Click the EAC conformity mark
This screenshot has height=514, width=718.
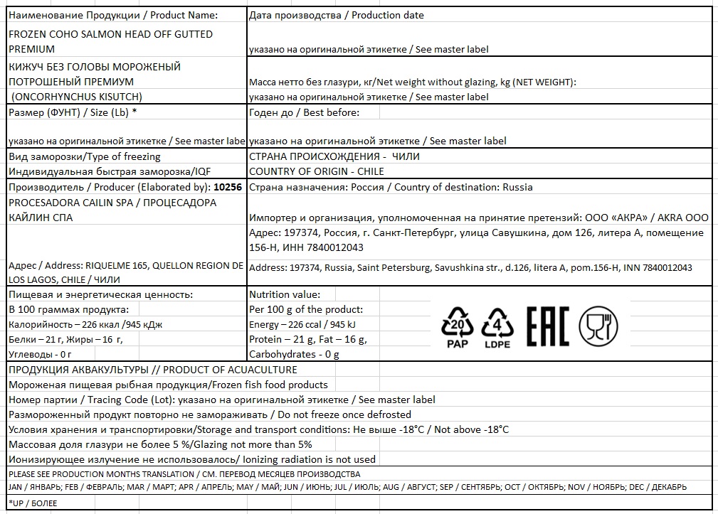(547, 327)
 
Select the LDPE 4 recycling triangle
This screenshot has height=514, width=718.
(497, 328)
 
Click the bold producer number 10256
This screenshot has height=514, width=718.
(228, 188)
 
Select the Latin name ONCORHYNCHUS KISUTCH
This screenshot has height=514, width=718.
(77, 97)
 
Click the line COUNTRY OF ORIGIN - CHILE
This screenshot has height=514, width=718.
(317, 171)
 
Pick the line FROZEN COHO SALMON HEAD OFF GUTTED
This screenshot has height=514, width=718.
(110, 34)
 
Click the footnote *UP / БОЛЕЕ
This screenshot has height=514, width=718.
(33, 503)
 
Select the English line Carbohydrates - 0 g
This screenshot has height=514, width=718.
(294, 354)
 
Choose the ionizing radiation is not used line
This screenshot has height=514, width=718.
(191, 459)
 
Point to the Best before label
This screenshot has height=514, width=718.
(305, 112)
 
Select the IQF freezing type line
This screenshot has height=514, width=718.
(110, 171)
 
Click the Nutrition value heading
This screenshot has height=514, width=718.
(285, 294)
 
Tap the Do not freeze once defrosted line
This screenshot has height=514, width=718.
(209, 414)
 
